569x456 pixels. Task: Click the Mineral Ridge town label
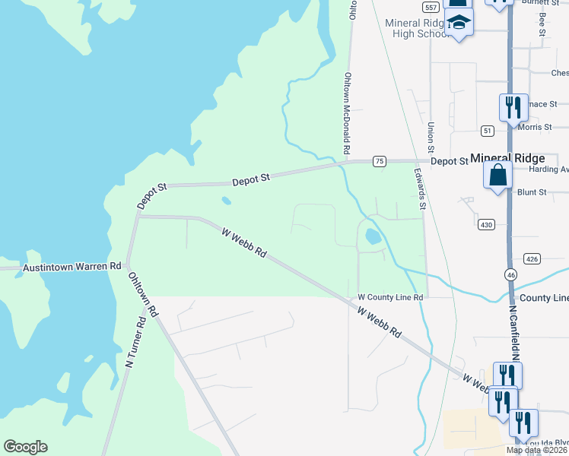click(x=507, y=159)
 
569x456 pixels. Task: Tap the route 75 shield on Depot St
click(x=379, y=161)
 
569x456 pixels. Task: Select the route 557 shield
click(x=431, y=8)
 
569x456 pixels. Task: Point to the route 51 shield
click(x=488, y=131)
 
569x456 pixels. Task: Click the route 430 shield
click(x=487, y=224)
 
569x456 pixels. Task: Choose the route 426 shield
click(x=532, y=259)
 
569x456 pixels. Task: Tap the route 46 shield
click(x=510, y=273)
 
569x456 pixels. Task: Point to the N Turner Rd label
click(x=135, y=342)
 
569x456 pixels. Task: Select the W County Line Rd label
click(x=389, y=297)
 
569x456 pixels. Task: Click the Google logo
click(x=25, y=447)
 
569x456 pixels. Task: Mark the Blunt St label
click(x=532, y=192)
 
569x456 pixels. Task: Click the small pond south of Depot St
click(x=226, y=201)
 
